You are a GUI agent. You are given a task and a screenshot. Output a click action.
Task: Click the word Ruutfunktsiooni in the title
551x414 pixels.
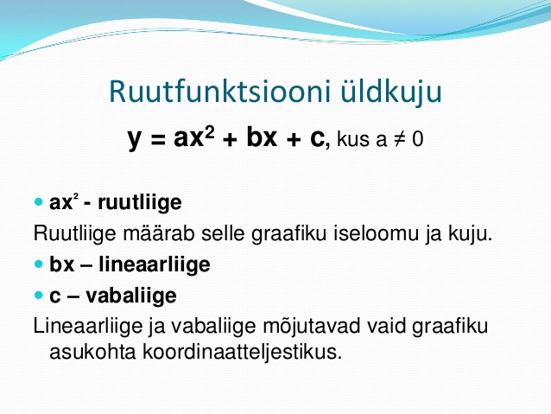coord(220,92)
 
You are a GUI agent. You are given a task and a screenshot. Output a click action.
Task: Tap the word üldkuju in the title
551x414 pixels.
coord(390,92)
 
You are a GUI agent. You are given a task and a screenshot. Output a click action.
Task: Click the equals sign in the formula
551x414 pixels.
coord(158,140)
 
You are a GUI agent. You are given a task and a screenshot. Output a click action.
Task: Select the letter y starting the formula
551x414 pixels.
coord(134,139)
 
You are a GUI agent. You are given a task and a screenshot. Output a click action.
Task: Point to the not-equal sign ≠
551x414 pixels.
coord(400,139)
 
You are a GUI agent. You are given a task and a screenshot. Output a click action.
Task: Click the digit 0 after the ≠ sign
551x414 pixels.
coord(418,138)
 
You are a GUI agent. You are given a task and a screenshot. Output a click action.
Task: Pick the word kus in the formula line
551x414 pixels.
coord(353,138)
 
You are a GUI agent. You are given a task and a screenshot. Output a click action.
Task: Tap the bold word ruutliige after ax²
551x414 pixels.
coord(140,203)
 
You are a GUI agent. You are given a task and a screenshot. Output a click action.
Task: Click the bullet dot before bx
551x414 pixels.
coord(38,264)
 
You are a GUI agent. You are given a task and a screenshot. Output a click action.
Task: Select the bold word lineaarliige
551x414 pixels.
coord(155,264)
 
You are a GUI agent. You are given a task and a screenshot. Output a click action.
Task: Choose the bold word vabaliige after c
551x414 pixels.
coord(131,296)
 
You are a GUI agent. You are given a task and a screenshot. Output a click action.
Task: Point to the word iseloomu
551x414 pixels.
coord(376,232)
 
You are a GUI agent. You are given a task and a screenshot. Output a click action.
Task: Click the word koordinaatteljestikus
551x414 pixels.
coord(243,352)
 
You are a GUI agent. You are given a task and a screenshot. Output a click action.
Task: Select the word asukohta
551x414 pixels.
coord(92,352)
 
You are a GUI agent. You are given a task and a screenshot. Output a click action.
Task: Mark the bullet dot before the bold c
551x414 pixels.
coord(38,295)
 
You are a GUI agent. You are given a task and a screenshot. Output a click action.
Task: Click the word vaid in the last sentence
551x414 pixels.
coord(386,326)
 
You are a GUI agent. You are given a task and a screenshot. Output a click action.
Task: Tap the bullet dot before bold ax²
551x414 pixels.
coord(38,202)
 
